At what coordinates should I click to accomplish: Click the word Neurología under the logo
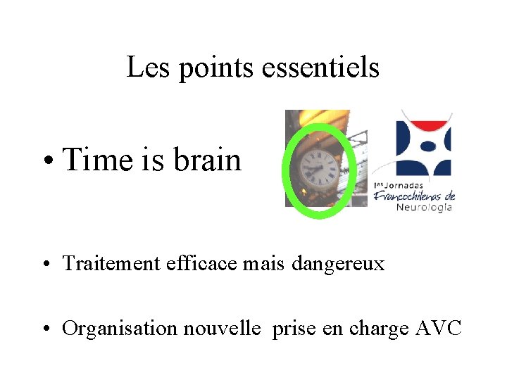tap(424, 207)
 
